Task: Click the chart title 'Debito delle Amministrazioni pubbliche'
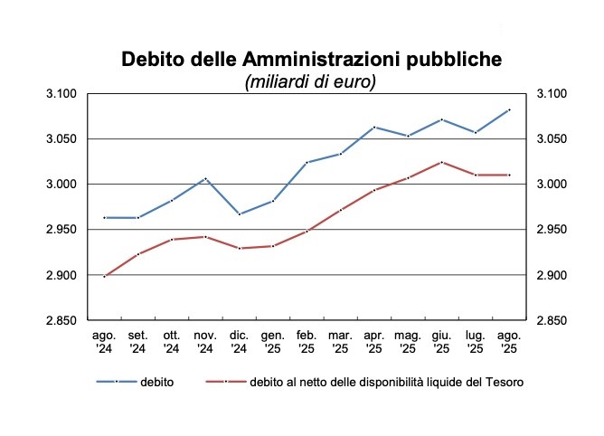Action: [x=310, y=60]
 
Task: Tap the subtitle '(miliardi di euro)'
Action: [x=310, y=81]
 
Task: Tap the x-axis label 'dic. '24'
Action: [x=239, y=341]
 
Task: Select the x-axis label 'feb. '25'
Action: [x=307, y=341]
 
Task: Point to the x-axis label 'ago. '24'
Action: [x=104, y=341]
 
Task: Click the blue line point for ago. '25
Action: [x=510, y=109]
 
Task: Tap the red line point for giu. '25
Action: [x=441, y=162]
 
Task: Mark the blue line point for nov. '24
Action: [x=205, y=178]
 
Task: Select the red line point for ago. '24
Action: [x=104, y=276]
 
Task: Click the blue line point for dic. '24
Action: [x=239, y=214]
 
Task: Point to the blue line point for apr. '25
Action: [x=374, y=128]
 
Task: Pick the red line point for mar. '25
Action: [x=341, y=210]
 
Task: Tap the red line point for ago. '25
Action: [x=510, y=175]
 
